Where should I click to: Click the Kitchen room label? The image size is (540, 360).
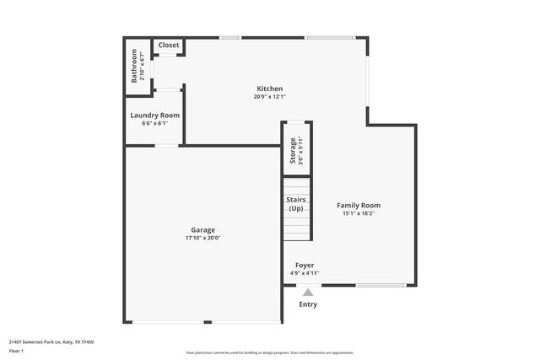click(270, 89)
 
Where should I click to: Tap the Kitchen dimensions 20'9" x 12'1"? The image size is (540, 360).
click(270, 96)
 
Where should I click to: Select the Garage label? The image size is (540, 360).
click(202, 229)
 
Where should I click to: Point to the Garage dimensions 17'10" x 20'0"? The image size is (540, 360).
click(202, 238)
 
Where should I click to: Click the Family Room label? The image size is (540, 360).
click(359, 205)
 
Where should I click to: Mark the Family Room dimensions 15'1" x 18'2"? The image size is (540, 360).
click(359, 213)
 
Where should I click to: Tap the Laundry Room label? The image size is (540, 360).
click(154, 116)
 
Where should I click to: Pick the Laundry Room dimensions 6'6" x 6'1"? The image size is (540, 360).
click(154, 123)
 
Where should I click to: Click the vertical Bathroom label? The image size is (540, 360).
click(134, 67)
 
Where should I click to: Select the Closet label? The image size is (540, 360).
click(169, 45)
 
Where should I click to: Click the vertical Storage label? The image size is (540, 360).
click(293, 149)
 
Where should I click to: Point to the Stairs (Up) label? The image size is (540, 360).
click(296, 203)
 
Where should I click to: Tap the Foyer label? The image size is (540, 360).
click(305, 265)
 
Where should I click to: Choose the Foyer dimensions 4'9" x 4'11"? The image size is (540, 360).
click(305, 273)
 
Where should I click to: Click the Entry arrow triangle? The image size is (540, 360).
click(308, 293)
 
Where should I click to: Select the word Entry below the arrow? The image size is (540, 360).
click(308, 304)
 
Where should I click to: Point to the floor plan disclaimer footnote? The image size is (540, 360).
click(270, 352)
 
